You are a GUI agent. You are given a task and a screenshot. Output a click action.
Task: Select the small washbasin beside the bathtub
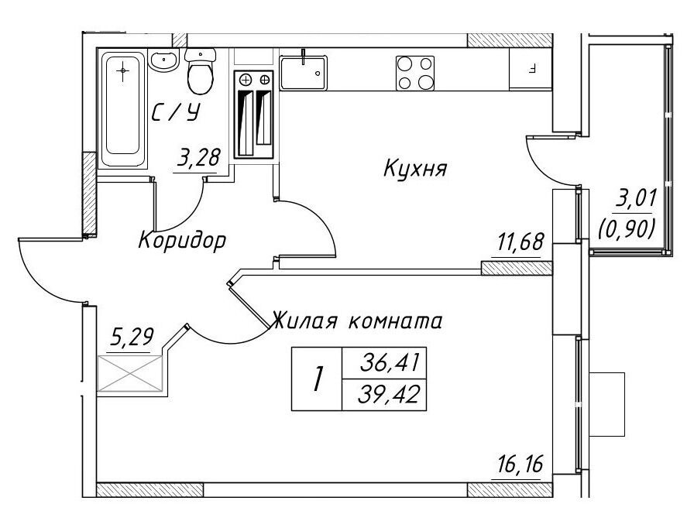click(163, 60)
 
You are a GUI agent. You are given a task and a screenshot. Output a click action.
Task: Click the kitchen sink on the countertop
click(304, 73)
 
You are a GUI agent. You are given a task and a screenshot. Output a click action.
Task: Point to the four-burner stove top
click(414, 74)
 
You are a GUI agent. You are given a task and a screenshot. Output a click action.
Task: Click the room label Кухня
click(415, 169)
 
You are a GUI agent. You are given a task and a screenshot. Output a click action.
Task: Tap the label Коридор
click(182, 241)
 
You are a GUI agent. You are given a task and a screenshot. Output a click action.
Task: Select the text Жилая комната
click(357, 321)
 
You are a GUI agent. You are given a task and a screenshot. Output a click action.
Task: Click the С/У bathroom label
click(176, 113)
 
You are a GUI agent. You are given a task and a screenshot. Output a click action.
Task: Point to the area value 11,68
click(520, 242)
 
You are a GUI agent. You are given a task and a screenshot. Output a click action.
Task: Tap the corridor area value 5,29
click(132, 338)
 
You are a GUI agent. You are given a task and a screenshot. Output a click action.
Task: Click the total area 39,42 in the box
click(389, 395)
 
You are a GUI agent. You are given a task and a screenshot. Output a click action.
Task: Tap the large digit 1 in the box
click(317, 379)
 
